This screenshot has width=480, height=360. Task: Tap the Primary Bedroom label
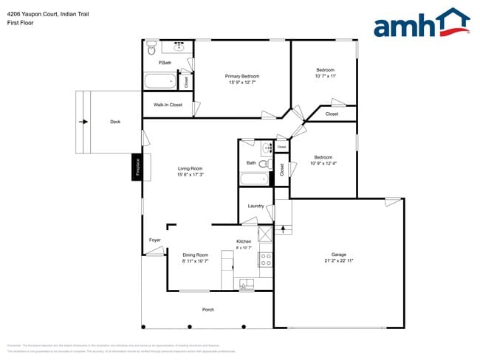[x=242, y=76]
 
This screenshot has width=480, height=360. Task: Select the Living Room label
[x=190, y=169]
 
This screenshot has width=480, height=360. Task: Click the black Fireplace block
[x=137, y=167]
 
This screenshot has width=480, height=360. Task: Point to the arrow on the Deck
[x=83, y=122]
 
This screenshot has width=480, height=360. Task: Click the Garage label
[x=338, y=254]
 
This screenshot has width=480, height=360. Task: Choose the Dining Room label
[x=196, y=255]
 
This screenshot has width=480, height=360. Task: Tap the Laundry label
[x=256, y=206]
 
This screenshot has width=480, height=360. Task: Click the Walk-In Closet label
[x=168, y=105]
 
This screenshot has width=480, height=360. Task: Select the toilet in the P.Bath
[x=151, y=49]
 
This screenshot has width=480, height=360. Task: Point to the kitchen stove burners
[x=266, y=259]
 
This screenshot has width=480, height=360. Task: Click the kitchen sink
[x=244, y=283]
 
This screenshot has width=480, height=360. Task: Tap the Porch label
[x=208, y=310]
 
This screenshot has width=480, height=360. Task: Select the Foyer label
[x=155, y=240]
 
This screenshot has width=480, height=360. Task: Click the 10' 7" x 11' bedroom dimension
[x=325, y=76]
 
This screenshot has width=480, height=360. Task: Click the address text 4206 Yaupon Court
[x=30, y=12]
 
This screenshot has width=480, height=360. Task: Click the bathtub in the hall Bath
[x=256, y=179]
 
